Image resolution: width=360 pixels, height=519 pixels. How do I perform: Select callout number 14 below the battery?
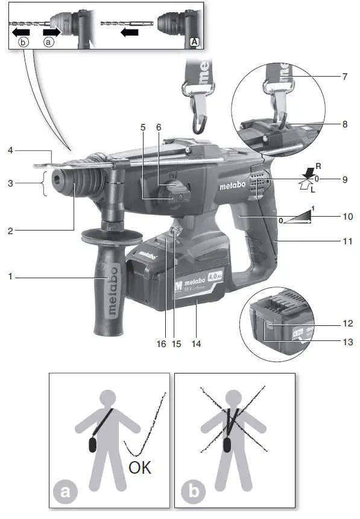click(197, 344)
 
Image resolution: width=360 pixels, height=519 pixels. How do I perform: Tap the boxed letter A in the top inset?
click(194, 41)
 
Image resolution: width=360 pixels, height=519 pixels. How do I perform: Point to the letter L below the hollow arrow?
click(313, 189)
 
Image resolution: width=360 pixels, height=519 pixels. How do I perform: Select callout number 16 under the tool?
click(161, 344)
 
